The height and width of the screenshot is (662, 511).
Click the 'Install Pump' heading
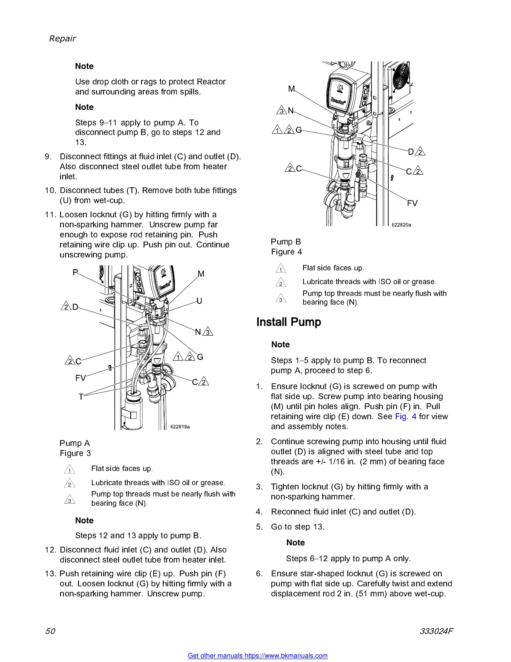(x=288, y=322)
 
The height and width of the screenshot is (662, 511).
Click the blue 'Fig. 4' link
(x=405, y=417)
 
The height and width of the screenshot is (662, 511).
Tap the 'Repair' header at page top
(x=63, y=39)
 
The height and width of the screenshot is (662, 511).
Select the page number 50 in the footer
(x=50, y=631)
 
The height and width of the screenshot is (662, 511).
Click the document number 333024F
(x=436, y=631)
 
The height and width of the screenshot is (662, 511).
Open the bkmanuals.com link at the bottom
(x=258, y=656)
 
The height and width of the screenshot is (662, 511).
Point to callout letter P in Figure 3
(x=75, y=272)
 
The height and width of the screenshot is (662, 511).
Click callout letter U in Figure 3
(x=199, y=301)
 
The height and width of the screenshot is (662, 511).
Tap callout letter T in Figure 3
(x=81, y=397)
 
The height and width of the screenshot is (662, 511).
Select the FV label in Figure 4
(x=412, y=204)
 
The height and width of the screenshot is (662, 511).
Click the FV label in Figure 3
(x=80, y=378)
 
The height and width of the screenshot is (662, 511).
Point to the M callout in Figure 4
(x=291, y=89)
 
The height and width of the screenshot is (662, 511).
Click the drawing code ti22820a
(x=401, y=225)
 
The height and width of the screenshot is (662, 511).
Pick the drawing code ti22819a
(x=180, y=427)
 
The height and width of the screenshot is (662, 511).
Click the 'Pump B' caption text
(x=286, y=242)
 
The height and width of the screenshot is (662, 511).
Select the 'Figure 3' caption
(x=75, y=453)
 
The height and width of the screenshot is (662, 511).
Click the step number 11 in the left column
(x=50, y=215)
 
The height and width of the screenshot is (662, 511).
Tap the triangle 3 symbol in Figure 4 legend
(x=281, y=299)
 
